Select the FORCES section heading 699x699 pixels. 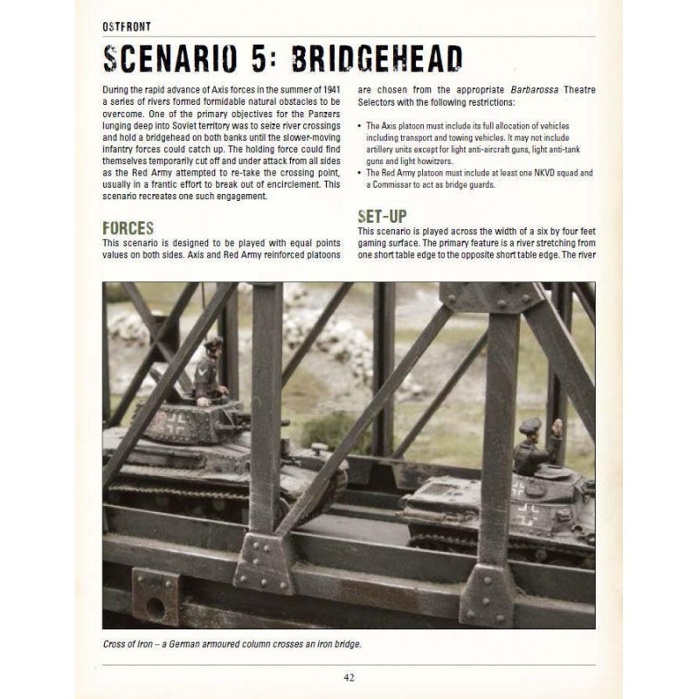coord(128,228)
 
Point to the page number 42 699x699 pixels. coord(349,675)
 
